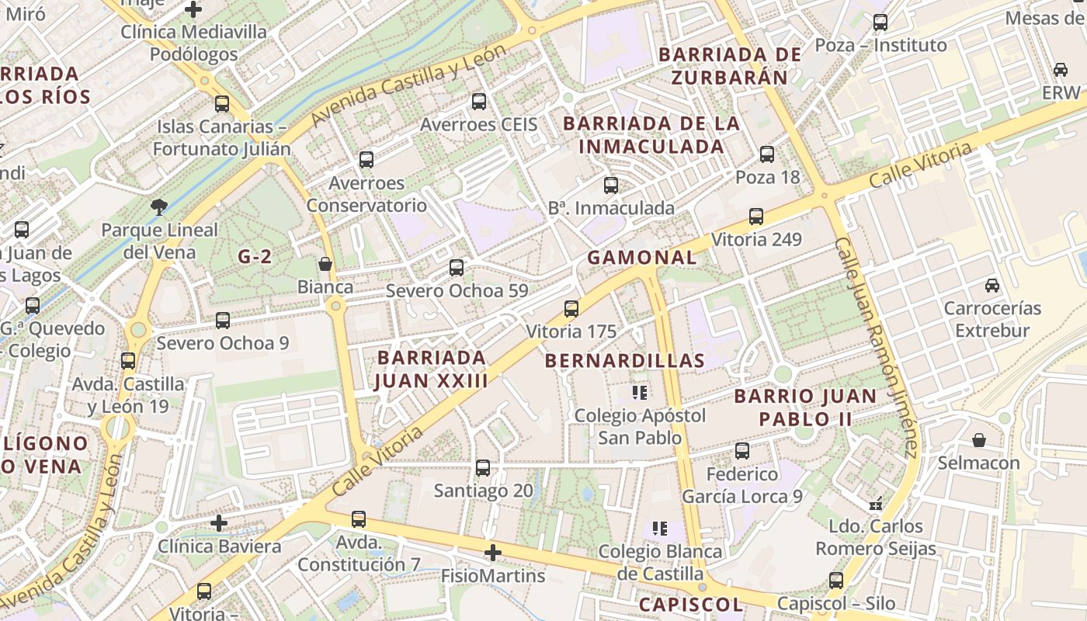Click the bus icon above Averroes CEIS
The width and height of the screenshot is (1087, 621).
[x=479, y=102]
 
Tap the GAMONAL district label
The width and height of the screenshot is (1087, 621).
[x=641, y=258]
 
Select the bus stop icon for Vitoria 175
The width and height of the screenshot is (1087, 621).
[x=571, y=309]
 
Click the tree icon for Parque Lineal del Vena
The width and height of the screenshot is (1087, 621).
[x=159, y=206]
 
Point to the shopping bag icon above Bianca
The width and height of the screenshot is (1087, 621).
[x=325, y=265]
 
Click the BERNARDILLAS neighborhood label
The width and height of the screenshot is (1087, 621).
[x=624, y=360]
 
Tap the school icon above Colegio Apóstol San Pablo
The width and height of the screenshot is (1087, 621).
[x=640, y=393]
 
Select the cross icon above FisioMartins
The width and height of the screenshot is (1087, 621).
[x=492, y=553]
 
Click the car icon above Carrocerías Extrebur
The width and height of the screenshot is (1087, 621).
[x=992, y=286]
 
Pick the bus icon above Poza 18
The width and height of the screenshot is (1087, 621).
[x=767, y=154]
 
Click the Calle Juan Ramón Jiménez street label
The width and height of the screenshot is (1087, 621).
[x=877, y=347]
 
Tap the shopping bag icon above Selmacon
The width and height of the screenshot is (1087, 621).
[x=979, y=440]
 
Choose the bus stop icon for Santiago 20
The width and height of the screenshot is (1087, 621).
[x=483, y=468]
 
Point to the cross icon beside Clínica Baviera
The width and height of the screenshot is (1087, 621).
[x=219, y=523]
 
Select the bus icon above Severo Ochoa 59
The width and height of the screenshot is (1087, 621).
[x=457, y=268]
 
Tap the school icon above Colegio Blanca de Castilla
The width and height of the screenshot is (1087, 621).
[x=660, y=529]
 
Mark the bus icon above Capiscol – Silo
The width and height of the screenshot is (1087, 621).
[x=836, y=581]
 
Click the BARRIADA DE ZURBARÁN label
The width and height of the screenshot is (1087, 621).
[x=729, y=66]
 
